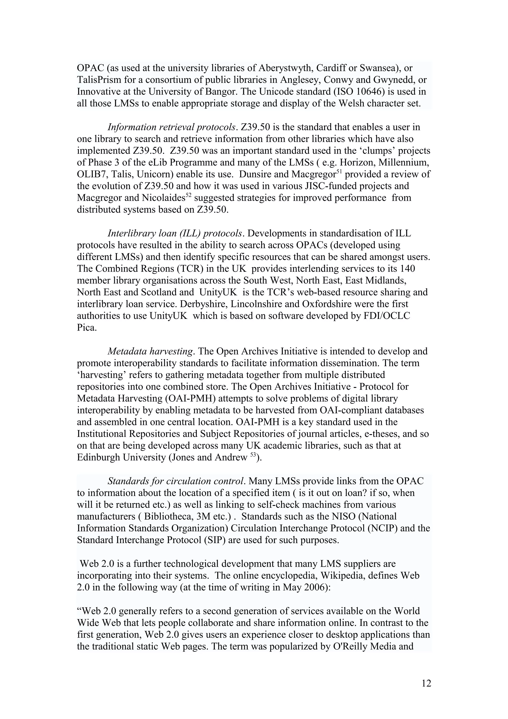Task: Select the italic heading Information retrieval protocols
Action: pos(171,127)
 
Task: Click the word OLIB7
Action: pos(92,174)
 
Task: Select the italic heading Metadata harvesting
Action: pos(150,351)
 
